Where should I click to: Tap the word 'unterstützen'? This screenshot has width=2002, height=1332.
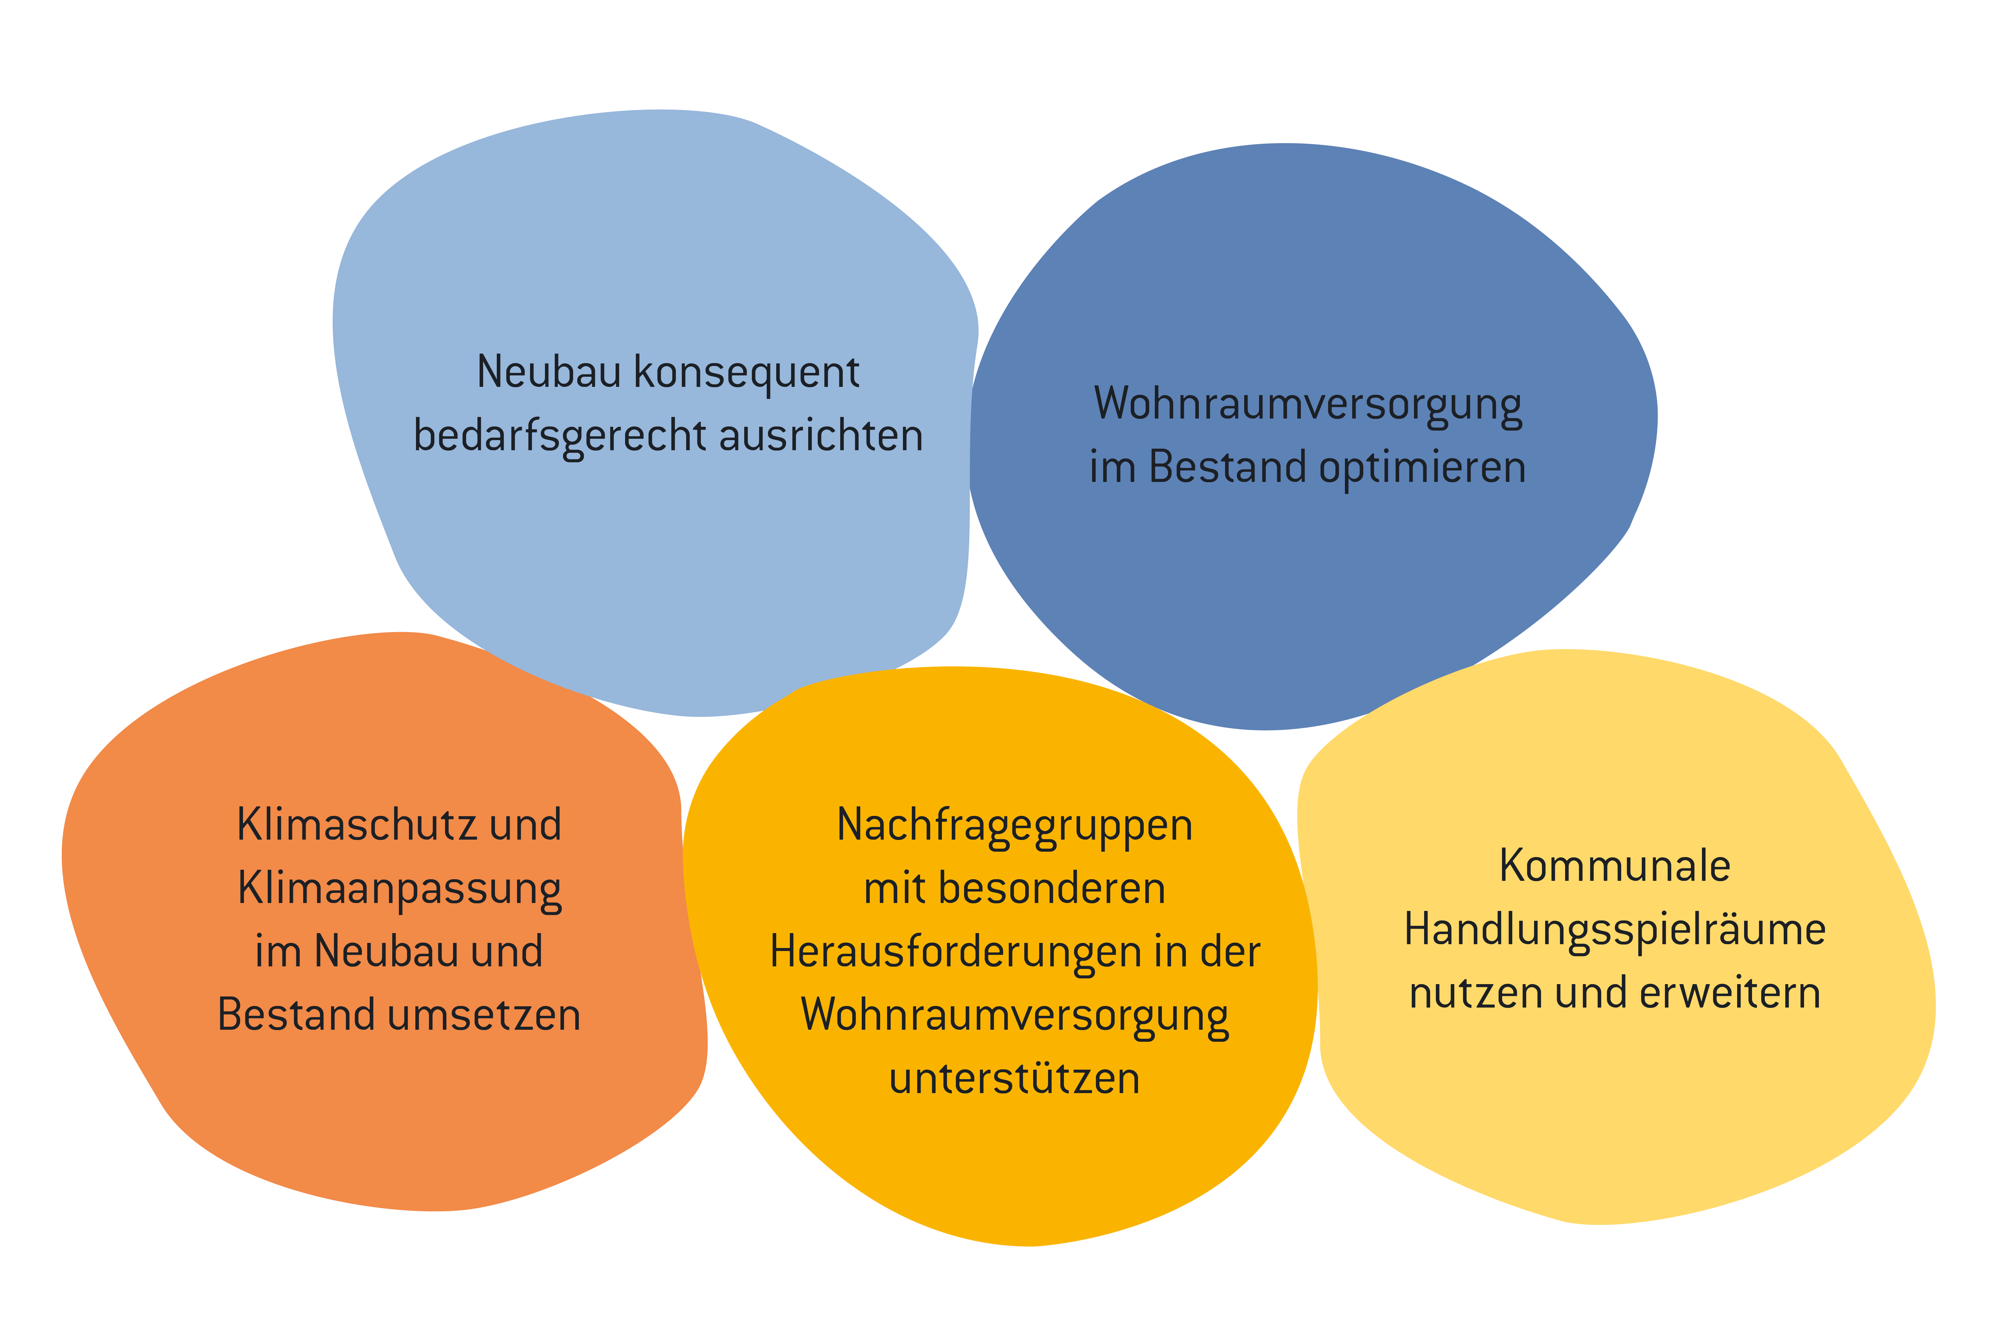click(1015, 1079)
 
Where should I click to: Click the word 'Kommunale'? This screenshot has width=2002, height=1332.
click(1615, 866)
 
